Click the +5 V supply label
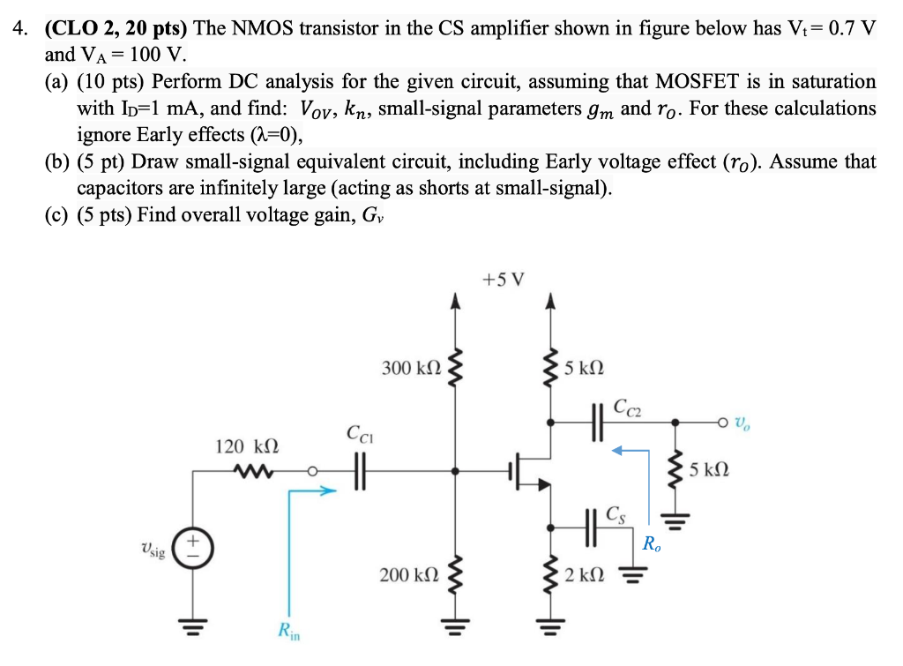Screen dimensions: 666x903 click(504, 280)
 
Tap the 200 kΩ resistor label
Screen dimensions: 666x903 click(408, 575)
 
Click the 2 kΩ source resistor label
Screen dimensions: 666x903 click(584, 575)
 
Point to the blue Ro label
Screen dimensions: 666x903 click(651, 543)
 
